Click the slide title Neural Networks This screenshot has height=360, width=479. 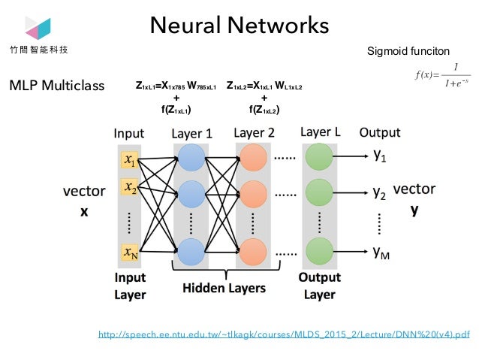coord(239,26)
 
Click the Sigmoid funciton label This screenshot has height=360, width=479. coord(408,51)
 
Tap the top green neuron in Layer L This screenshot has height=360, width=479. coord(319,159)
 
